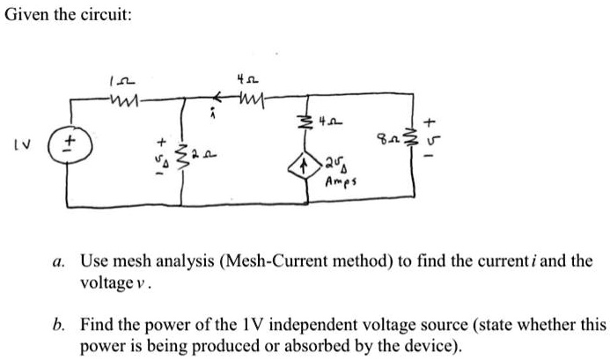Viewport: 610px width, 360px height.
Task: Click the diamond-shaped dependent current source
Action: pyautogui.click(x=305, y=162)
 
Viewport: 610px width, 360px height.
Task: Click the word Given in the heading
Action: pyautogui.click(x=27, y=16)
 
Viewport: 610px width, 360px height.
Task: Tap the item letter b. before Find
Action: pyautogui.click(x=57, y=325)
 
